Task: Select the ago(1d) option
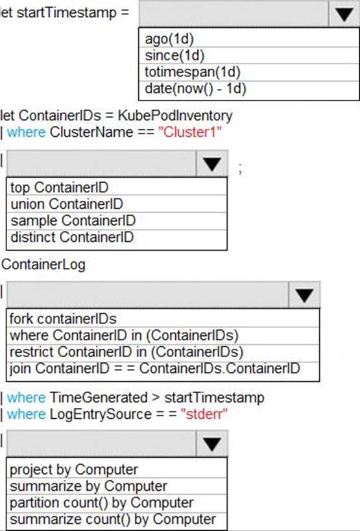[169, 39]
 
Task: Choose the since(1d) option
[174, 55]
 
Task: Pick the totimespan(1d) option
[193, 72]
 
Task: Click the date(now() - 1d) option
[195, 88]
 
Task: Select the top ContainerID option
[59, 187]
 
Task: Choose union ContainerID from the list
[67, 204]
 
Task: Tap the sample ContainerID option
[73, 220]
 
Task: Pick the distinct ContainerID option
[72, 237]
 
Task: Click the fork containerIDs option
[63, 319]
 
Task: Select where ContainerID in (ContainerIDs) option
[124, 335]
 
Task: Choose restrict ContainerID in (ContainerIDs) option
[126, 352]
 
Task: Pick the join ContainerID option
[155, 368]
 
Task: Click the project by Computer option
[74, 469]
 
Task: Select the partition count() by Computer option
[102, 503]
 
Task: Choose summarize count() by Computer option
[113, 519]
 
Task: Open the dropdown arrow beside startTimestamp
[344, 14]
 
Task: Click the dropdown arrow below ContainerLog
[304, 294]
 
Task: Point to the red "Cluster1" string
[190, 132]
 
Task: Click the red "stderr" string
[204, 414]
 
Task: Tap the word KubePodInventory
[175, 115]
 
